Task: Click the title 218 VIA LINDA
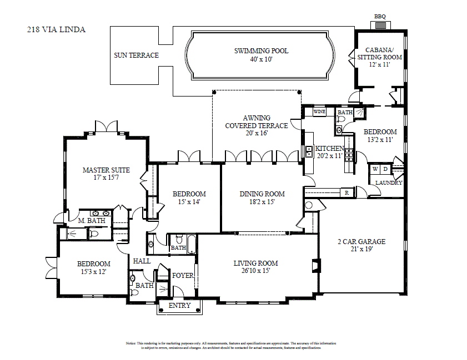point(57,29)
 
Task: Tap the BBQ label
point(380,17)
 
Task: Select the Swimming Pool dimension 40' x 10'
point(261,59)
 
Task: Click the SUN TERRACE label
point(136,55)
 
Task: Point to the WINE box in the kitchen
point(319,111)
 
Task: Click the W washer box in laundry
point(375,169)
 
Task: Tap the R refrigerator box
point(347,192)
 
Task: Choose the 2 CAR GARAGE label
point(361,242)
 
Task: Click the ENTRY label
point(179,306)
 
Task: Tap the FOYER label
point(182,276)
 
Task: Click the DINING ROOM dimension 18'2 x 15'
point(262,202)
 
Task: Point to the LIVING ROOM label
point(256,263)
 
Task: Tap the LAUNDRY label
point(389,182)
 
